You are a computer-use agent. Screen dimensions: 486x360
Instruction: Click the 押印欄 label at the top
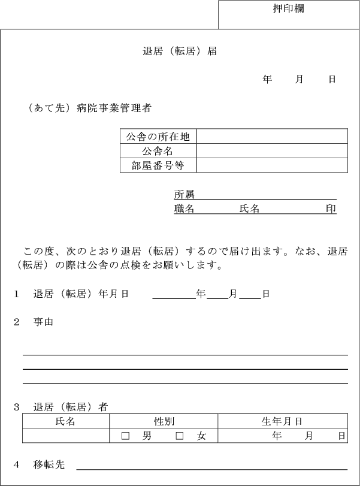click(288, 10)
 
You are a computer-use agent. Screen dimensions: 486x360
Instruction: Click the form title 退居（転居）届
click(180, 52)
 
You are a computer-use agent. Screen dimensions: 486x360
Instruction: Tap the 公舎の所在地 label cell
click(158, 137)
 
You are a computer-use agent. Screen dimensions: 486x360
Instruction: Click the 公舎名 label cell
click(158, 151)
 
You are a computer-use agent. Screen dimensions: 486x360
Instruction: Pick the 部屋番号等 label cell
click(158, 165)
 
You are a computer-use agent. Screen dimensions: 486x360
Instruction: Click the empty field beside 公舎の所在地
click(272, 137)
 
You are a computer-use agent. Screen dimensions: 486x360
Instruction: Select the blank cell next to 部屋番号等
click(272, 165)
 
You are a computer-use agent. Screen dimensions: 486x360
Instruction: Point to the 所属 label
click(184, 195)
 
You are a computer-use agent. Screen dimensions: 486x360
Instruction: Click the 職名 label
click(184, 209)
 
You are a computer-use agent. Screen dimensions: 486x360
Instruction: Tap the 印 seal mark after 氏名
click(331, 209)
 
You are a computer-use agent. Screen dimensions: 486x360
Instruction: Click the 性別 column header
click(164, 422)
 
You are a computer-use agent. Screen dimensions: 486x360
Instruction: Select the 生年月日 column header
click(282, 422)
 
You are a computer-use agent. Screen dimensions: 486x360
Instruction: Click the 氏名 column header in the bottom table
click(65, 422)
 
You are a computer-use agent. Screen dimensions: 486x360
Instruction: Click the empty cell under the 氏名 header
click(66, 436)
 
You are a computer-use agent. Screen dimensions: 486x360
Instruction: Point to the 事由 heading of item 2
click(43, 322)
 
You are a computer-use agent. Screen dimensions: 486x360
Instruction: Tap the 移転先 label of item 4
click(49, 464)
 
